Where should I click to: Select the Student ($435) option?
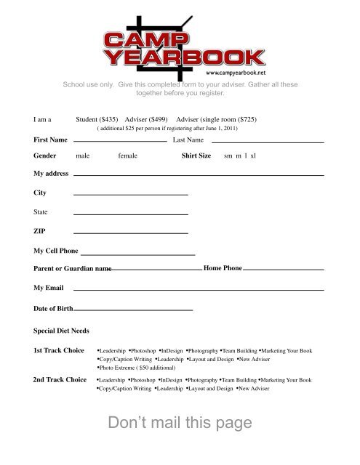click(x=98, y=118)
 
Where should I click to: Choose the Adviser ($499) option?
click(x=147, y=118)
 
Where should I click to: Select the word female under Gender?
click(x=127, y=156)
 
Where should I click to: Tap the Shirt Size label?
click(x=196, y=156)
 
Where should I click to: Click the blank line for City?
click(x=131, y=195)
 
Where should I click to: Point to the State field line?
click(x=131, y=214)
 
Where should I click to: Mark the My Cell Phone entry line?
click(x=137, y=254)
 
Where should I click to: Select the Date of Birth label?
click(x=53, y=309)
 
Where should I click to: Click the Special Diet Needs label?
click(x=61, y=331)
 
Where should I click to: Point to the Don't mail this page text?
click(x=179, y=423)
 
